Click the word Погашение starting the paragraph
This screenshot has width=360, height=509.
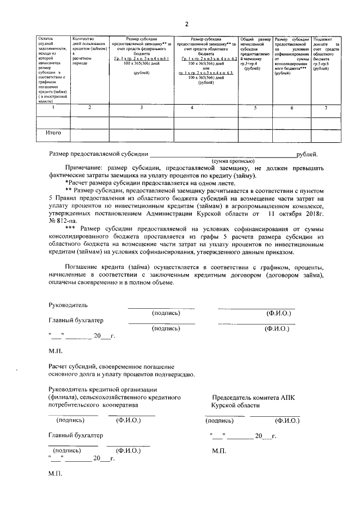(85, 266)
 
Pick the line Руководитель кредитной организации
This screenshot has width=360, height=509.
(102, 390)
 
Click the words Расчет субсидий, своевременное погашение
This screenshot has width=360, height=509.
(111, 366)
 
